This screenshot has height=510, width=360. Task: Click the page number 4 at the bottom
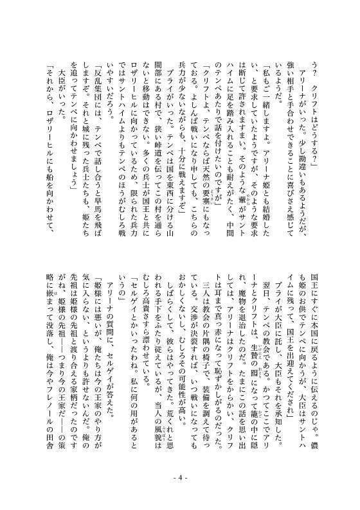[x=179, y=495]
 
